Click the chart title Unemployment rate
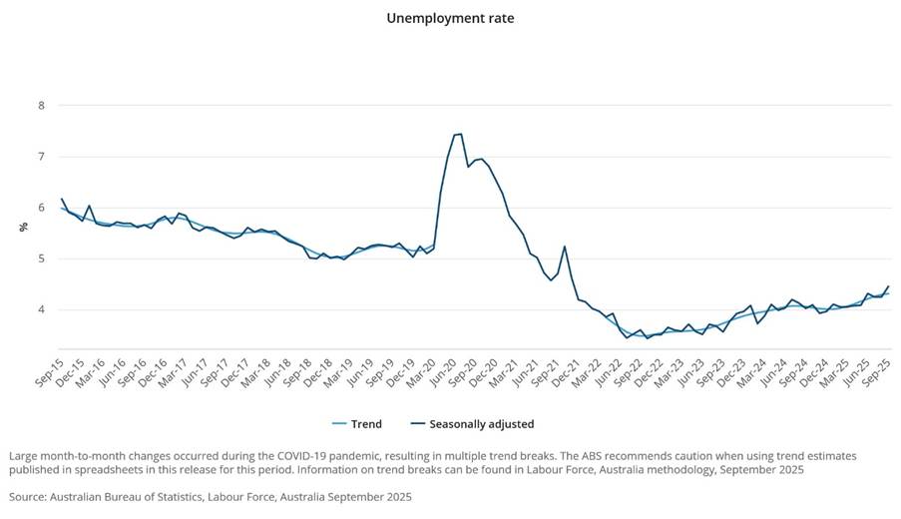click(450, 18)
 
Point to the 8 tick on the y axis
click(41, 106)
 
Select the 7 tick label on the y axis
click(41, 157)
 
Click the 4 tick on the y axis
click(41, 310)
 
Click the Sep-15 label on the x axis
click(50, 367)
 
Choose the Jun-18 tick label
click(275, 367)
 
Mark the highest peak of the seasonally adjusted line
click(460, 134)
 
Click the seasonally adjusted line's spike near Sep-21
click(565, 247)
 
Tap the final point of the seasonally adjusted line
click(888, 286)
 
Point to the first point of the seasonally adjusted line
click(62, 199)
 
